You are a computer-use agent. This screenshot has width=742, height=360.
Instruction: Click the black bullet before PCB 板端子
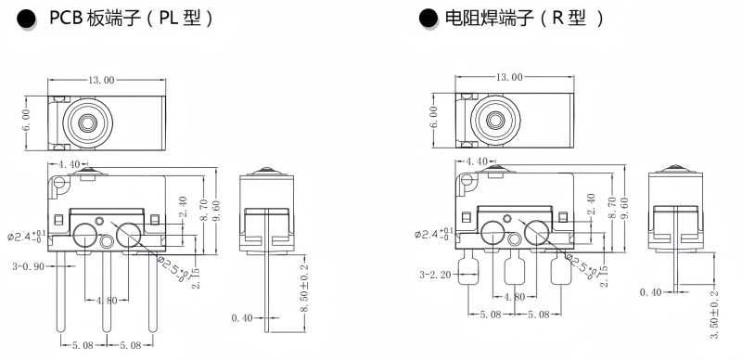(27, 19)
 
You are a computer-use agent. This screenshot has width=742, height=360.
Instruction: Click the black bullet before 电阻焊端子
(429, 19)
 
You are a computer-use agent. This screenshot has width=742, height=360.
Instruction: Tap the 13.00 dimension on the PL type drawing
(101, 80)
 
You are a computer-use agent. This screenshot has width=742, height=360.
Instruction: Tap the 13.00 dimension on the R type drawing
(509, 77)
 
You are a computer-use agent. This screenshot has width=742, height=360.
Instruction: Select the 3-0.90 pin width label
(29, 266)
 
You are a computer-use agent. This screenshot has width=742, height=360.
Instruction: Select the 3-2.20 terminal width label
(435, 275)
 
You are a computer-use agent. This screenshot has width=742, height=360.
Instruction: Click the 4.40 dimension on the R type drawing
(477, 161)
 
